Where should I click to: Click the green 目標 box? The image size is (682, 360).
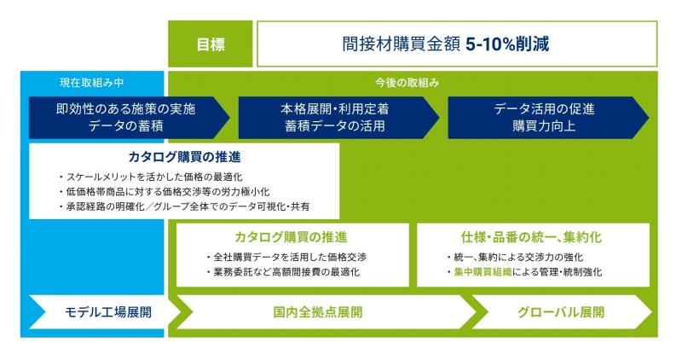tap(210, 44)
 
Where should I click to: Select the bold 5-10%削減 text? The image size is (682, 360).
tap(507, 44)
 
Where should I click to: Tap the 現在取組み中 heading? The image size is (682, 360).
tap(92, 82)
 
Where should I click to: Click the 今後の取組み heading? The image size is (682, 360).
tap(407, 82)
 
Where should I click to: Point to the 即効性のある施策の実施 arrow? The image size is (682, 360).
tap(130, 118)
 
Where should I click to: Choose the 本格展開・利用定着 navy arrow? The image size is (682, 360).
tap(338, 118)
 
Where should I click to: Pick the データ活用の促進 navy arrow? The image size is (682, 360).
tap(548, 118)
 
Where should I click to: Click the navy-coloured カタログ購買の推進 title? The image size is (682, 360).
tap(184, 157)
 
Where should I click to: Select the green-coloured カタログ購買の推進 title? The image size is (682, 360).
tap(291, 237)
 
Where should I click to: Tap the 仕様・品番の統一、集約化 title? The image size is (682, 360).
tap(531, 237)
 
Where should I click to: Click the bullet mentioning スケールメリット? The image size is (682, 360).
tap(151, 177)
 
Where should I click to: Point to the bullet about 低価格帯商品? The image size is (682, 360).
tap(164, 192)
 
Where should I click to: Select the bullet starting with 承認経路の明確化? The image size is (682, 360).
tap(184, 206)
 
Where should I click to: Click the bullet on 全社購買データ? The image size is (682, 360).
tap(286, 258)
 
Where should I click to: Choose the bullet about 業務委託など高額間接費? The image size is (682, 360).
tap(283, 272)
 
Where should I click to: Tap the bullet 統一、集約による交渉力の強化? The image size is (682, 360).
tap(515, 258)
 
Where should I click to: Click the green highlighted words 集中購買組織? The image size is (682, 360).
tap(483, 272)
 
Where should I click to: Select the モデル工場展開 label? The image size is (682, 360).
tap(108, 312)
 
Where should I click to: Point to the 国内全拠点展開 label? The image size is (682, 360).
tap(318, 312)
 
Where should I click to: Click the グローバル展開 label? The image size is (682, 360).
tap(561, 312)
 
